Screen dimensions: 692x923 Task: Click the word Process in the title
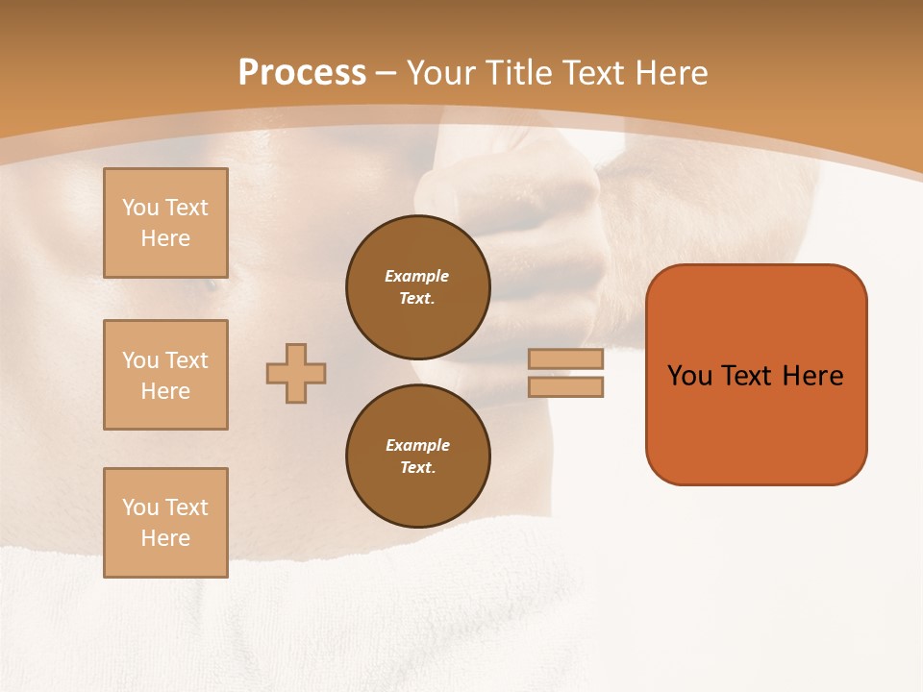tap(302, 73)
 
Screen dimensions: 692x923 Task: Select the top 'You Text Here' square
tap(165, 223)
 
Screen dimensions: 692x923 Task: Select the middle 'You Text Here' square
tap(165, 375)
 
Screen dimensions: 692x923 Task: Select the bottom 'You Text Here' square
tap(165, 523)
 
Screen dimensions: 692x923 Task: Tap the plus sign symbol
tap(296, 373)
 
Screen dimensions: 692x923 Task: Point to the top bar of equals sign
tap(565, 358)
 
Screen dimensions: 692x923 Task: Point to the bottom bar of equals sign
tap(565, 386)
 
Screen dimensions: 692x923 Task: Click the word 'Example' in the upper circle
tap(417, 276)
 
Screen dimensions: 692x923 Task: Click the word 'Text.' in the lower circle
tap(418, 467)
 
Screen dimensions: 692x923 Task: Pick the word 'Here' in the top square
tap(165, 238)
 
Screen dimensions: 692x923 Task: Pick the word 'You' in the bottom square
tap(140, 507)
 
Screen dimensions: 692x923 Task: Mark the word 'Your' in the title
tap(440, 73)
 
